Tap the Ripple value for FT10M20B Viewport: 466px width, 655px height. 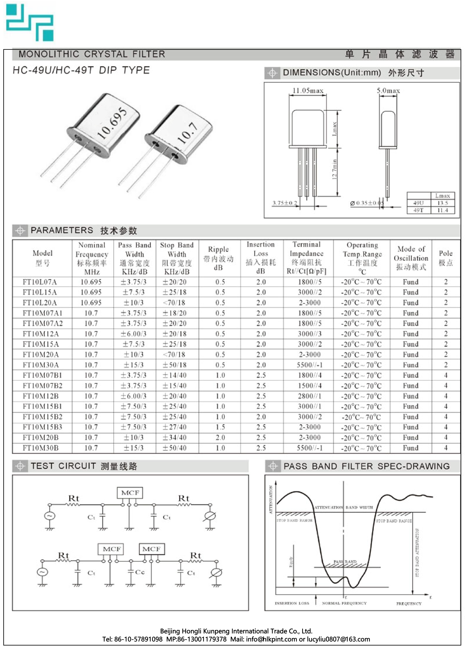(x=220, y=438)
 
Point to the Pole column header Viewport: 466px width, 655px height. (x=445, y=258)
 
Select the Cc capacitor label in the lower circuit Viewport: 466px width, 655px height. (x=140, y=572)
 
